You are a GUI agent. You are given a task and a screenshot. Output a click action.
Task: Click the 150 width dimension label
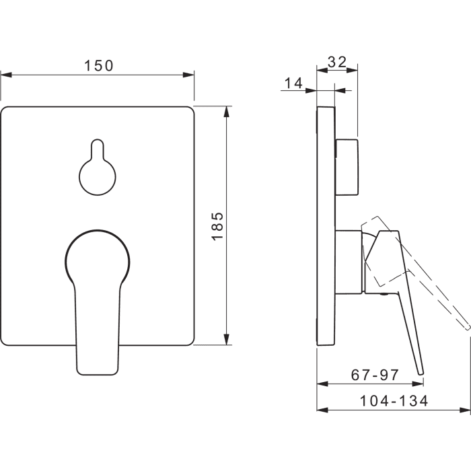click(98, 66)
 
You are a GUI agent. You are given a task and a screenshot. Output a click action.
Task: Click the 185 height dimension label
click(217, 226)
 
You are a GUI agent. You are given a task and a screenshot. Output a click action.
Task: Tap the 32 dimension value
click(337, 62)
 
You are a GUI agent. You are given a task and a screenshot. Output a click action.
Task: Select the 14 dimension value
click(293, 83)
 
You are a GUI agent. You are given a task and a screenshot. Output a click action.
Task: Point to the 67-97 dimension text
click(375, 375)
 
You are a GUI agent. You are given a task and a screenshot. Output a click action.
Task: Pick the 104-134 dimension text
click(394, 401)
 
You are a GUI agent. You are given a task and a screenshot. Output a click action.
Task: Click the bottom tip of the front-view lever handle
click(97, 374)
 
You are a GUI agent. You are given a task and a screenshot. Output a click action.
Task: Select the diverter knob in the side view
click(347, 168)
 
